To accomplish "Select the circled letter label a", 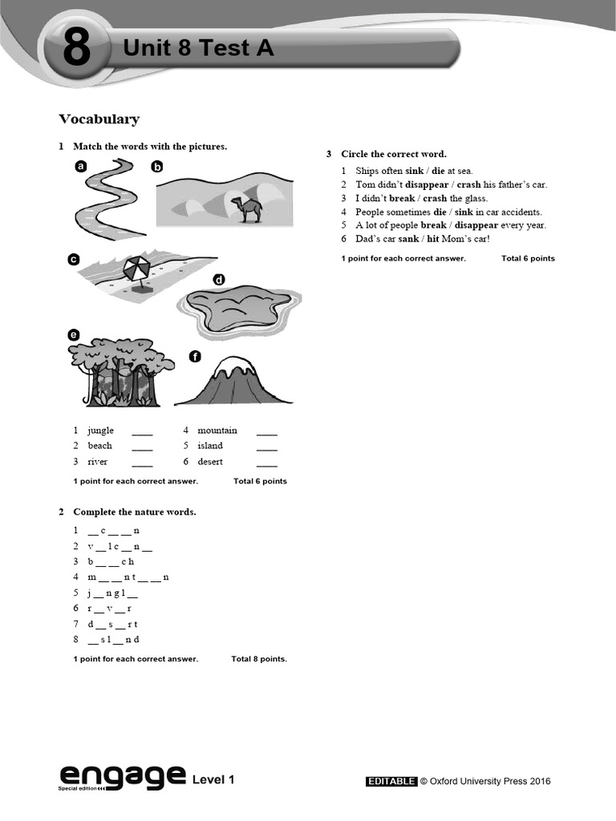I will [80, 167].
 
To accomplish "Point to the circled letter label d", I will [219, 280].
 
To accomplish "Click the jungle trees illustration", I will [118, 371].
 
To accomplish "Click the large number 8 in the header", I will [76, 51].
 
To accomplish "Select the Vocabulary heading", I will [99, 119].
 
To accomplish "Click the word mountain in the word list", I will [217, 431].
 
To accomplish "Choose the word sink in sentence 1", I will [414, 171].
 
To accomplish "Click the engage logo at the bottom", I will [120, 776].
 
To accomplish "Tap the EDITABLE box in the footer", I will [391, 781].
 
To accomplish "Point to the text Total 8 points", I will [259, 659].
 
